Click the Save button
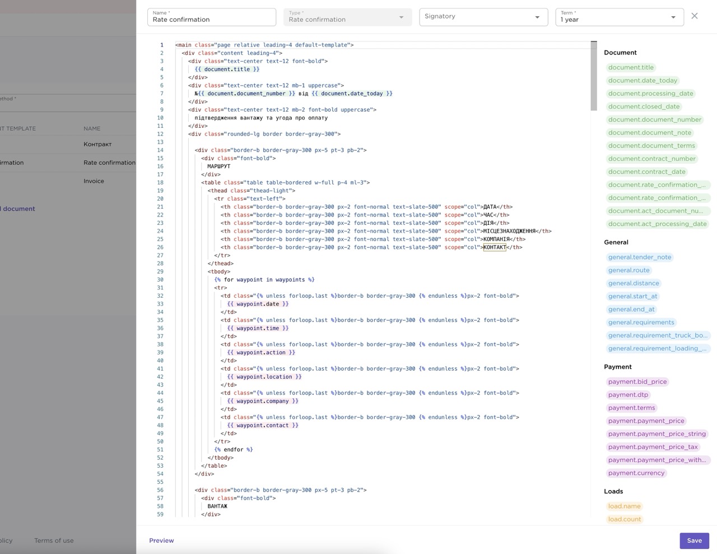coord(694,541)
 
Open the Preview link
coord(161,541)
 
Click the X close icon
coord(694,16)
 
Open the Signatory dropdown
coord(483,17)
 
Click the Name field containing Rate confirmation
coord(212,17)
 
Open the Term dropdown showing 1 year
coord(620,17)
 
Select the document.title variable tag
coord(631,67)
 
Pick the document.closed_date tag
coord(644,107)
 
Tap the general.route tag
coord(628,270)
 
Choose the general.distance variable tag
coord(634,283)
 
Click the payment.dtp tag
coord(628,395)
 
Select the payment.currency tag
coord(636,473)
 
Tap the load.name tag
coord(624,506)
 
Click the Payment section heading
coord(618,367)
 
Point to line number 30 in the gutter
coord(160,280)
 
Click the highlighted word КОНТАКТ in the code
coord(495,247)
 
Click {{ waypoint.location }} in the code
coord(264,377)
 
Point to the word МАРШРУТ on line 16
coord(219,167)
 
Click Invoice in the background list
coord(94,181)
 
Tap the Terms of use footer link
coord(54,541)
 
